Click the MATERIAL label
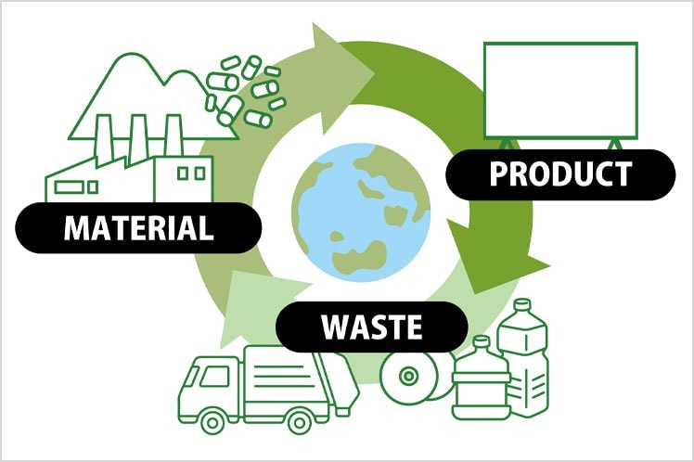[x=138, y=227]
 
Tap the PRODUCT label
[x=559, y=173]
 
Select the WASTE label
[x=371, y=327]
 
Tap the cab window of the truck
[x=214, y=376]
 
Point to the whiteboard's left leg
[x=505, y=143]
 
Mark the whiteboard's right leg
[x=613, y=143]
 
